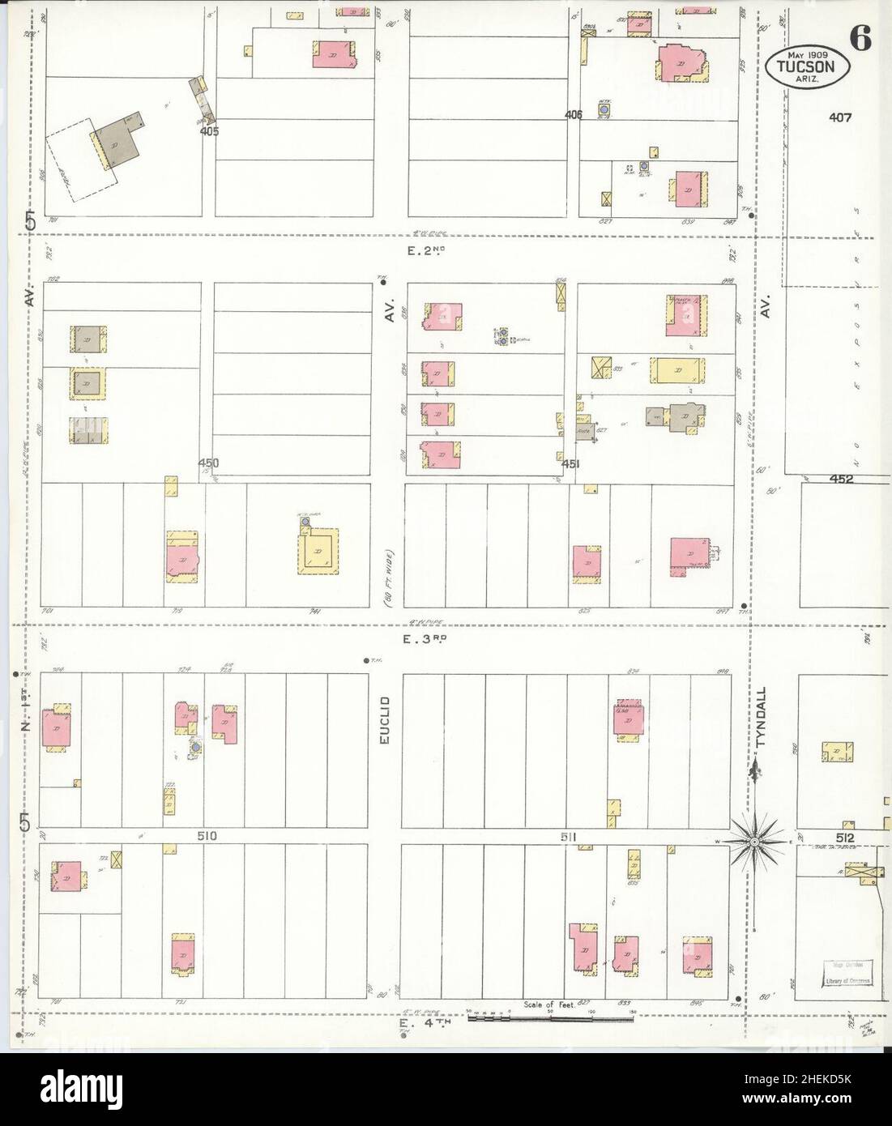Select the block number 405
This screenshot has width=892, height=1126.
(x=210, y=130)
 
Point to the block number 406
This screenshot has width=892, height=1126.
(x=574, y=116)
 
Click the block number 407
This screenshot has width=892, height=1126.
(x=840, y=117)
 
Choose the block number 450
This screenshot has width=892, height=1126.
(x=209, y=463)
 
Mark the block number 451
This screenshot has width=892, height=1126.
(x=570, y=464)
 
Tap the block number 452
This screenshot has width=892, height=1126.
(x=841, y=479)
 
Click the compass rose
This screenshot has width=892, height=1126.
(x=754, y=842)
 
